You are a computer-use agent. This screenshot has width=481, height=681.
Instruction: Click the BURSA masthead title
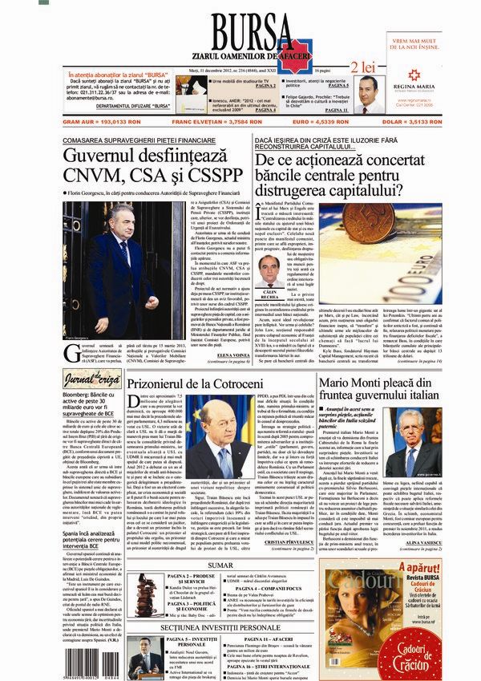[x=240, y=24]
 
